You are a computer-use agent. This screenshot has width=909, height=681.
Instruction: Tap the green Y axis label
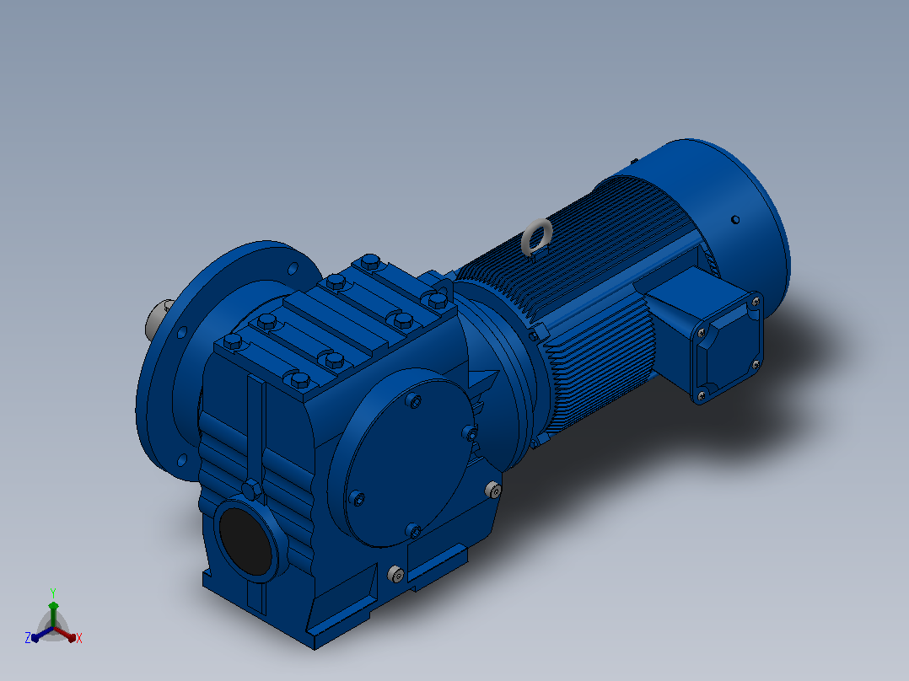pyautogui.click(x=53, y=593)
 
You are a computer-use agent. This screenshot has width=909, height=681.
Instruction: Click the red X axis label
pyautogui.click(x=79, y=638)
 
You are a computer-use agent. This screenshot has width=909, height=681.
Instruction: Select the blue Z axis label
pyautogui.click(x=28, y=637)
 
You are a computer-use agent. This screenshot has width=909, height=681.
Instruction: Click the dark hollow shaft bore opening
pyautogui.click(x=246, y=542)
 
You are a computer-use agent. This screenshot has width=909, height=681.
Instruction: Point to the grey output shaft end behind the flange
pyautogui.click(x=157, y=319)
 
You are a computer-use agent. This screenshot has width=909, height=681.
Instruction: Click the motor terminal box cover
pyautogui.click(x=726, y=346)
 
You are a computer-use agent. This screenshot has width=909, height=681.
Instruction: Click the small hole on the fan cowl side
pyautogui.click(x=735, y=220)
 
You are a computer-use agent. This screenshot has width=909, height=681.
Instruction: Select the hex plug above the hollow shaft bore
pyautogui.click(x=251, y=490)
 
